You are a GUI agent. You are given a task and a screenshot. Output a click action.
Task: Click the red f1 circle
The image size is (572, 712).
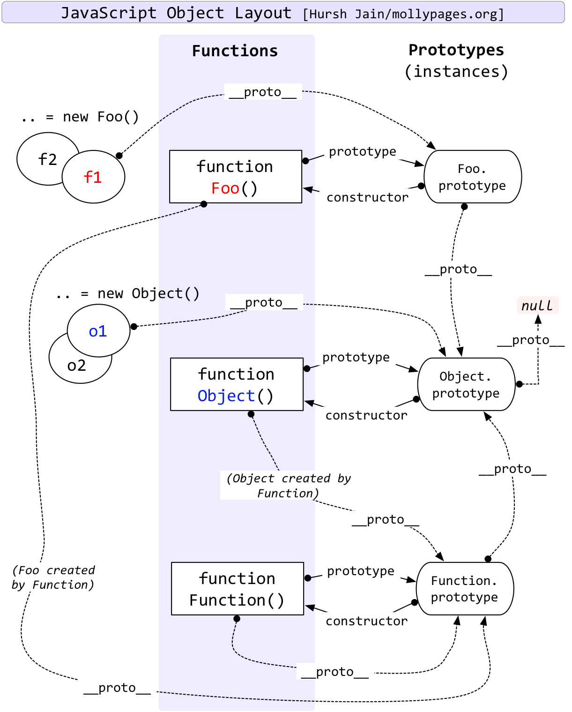tap(93, 177)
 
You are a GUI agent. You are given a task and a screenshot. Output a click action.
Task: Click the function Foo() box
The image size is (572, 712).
tap(235, 177)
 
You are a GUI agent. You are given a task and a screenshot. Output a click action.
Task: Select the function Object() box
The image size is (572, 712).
tap(237, 384)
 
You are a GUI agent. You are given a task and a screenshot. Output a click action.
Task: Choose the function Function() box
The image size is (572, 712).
tap(237, 589)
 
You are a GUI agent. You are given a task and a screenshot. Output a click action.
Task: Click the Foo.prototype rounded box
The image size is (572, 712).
tap(472, 177)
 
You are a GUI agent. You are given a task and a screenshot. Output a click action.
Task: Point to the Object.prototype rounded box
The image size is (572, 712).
tap(466, 384)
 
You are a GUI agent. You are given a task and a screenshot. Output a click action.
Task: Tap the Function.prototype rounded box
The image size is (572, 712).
tap(465, 589)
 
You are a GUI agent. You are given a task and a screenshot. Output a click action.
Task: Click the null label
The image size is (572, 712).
tap(537, 306)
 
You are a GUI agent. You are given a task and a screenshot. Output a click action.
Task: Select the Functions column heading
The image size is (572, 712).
tap(235, 51)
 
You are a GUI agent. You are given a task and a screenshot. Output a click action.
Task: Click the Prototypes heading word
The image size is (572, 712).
tap(456, 50)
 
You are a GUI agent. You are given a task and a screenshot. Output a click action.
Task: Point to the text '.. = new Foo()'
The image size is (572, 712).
tap(80, 117)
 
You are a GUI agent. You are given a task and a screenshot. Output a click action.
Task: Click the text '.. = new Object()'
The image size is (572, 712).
tap(127, 293)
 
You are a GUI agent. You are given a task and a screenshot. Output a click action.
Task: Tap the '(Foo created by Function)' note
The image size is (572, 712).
tap(53, 577)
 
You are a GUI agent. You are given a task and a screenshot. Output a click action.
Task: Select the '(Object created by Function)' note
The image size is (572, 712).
tap(288, 486)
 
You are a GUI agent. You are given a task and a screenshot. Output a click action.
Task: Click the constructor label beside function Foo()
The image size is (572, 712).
tap(367, 197)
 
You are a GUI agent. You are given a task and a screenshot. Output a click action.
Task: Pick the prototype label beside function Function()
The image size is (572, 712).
tap(360, 571)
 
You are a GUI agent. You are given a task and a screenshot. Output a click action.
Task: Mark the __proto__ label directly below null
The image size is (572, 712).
tap(530, 340)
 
